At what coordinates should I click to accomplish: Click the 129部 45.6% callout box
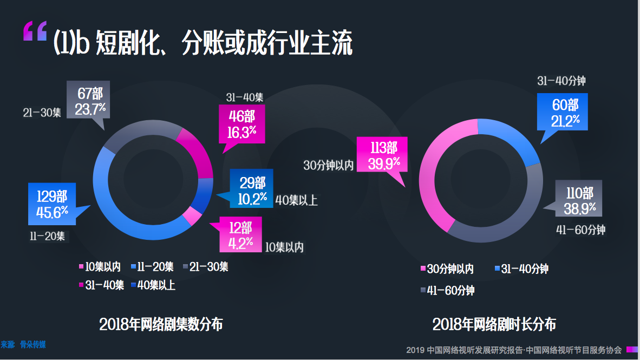coord(52,204)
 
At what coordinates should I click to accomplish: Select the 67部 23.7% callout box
coord(88,100)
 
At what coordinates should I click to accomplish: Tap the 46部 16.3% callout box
coord(241,124)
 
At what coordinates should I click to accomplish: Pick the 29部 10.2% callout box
coord(251,188)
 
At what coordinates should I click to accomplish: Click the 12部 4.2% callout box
coord(240,234)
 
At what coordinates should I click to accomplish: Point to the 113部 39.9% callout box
coord(382,154)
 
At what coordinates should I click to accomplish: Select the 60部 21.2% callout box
coord(563,112)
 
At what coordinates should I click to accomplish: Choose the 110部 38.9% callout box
coord(578,198)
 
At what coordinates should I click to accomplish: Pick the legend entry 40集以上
coord(153,285)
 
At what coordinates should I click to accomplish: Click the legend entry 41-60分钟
coord(447,291)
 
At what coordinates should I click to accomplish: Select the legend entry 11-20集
coord(152,267)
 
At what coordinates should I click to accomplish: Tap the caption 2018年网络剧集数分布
coord(161,324)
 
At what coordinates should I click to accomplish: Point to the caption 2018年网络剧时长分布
coord(494,324)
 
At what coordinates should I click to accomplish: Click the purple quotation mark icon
coord(35,31)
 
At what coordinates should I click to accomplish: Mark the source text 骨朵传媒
coord(32,344)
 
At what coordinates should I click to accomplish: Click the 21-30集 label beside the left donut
coord(42,113)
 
